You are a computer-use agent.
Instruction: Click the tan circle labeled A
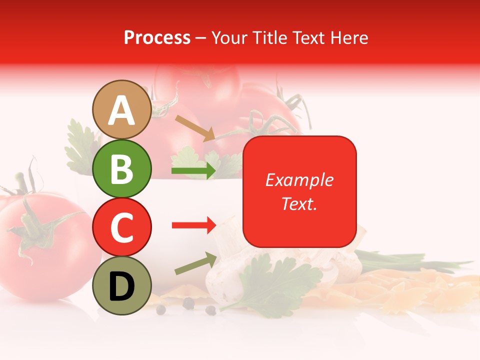(x=121, y=110)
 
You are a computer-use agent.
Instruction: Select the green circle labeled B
(x=121, y=168)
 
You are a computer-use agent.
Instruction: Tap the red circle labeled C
(x=121, y=227)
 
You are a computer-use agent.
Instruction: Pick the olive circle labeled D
(x=121, y=285)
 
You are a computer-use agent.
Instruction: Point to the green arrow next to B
(x=193, y=171)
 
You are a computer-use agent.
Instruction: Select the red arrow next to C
(x=193, y=225)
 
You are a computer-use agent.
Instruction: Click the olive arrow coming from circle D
(x=195, y=264)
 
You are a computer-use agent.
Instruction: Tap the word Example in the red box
(x=299, y=180)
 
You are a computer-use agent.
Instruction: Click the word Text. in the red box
(x=299, y=203)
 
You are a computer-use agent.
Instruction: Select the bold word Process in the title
(x=157, y=37)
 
